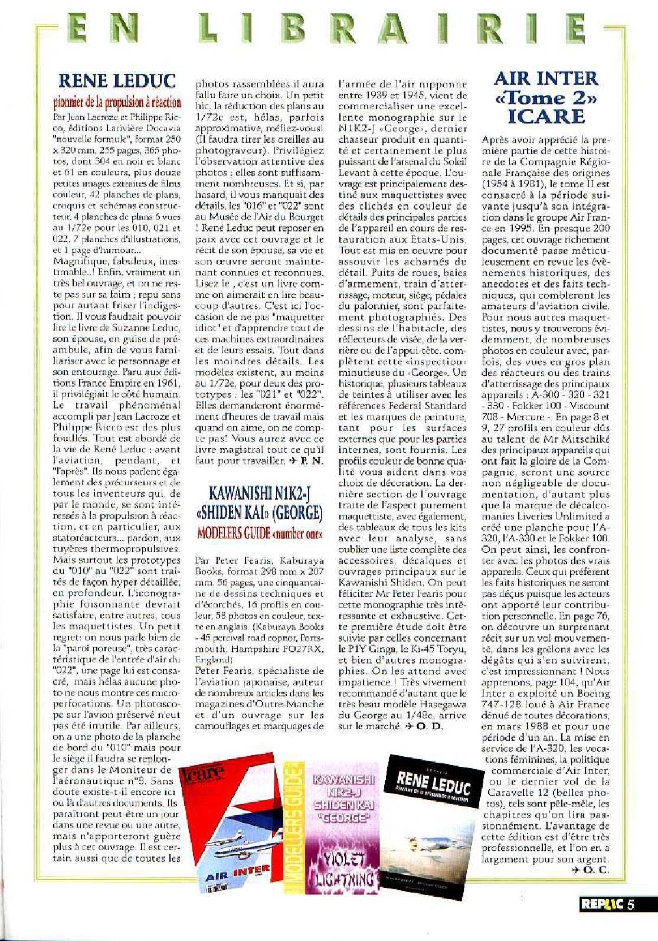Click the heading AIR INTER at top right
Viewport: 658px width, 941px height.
[x=546, y=79]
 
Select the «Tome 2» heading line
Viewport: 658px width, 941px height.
[x=546, y=97]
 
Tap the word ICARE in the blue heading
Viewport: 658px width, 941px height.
[x=546, y=116]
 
